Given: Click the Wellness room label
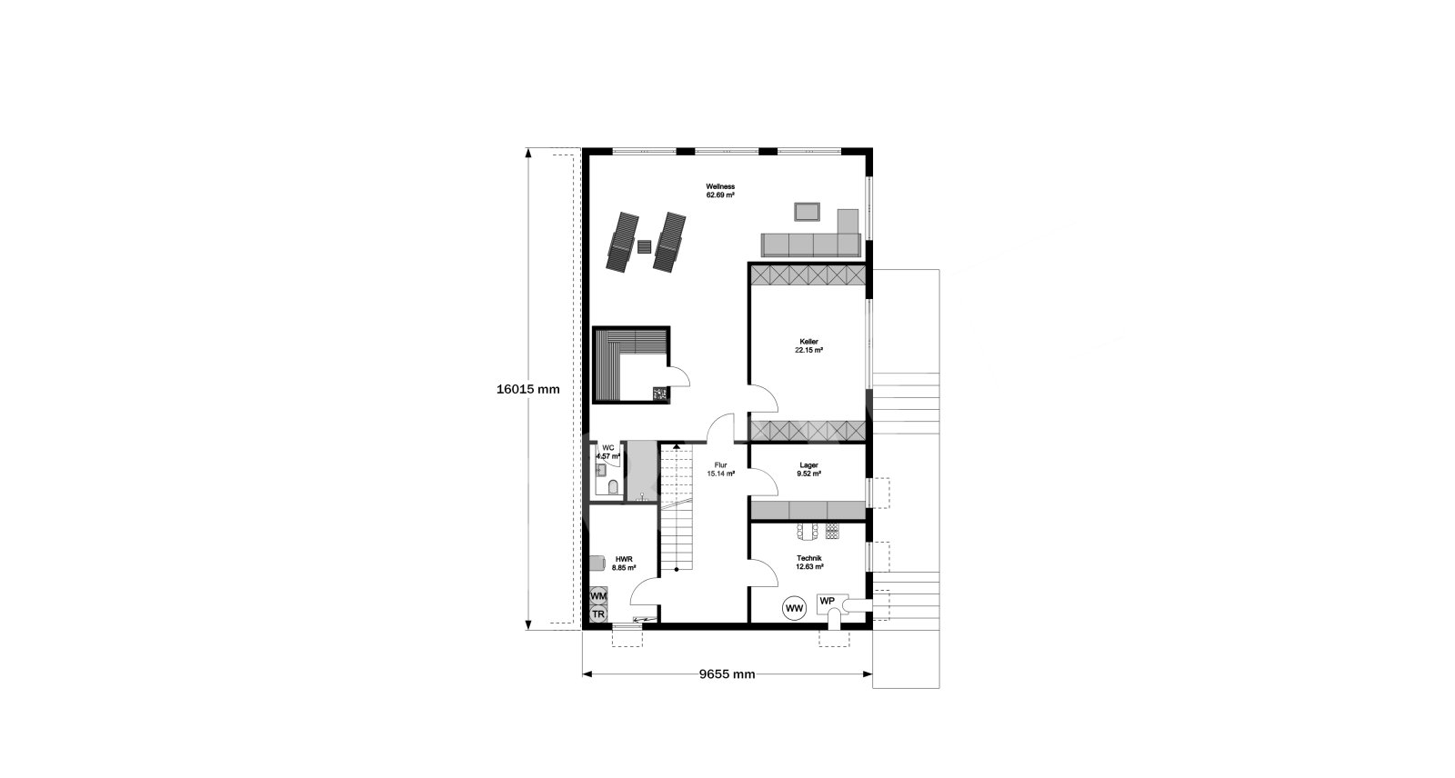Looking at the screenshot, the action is [720, 190].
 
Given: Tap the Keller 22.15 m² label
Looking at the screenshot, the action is [808, 345].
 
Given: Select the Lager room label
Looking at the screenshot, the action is [808, 469].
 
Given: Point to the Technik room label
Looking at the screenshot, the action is [809, 562].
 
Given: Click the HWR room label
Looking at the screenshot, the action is [624, 563].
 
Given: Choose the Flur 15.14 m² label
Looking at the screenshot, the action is [720, 469].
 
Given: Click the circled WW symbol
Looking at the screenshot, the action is [795, 609].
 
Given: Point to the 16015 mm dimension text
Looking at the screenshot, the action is [528, 390].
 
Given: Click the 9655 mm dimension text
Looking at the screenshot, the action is [727, 674].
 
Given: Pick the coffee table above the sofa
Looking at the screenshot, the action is [807, 212].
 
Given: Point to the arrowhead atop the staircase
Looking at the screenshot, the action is [677, 446].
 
